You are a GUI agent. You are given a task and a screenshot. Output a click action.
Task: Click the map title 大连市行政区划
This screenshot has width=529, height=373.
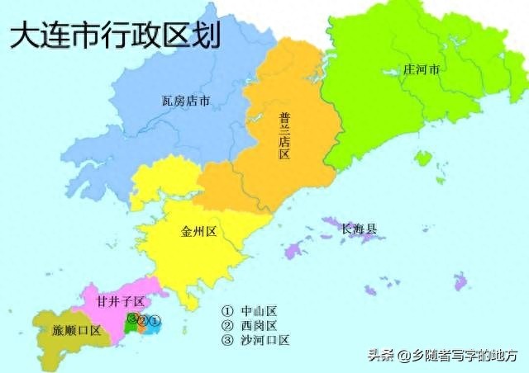[x=115, y=36]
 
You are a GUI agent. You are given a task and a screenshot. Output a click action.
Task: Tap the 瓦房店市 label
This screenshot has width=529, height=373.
[x=185, y=102]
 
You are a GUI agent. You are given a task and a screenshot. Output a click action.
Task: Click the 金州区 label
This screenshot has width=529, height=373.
[x=198, y=232]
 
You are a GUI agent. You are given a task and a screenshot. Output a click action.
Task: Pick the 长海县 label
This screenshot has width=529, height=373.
[x=359, y=228]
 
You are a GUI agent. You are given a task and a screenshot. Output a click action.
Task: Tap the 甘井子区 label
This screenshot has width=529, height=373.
[x=120, y=301]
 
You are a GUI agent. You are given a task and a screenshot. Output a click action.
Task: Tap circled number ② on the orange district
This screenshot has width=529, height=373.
[x=143, y=320]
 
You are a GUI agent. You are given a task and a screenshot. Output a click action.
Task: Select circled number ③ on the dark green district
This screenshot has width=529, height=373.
[x=132, y=319]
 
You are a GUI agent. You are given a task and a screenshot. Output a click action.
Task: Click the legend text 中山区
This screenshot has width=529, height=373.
[x=258, y=311]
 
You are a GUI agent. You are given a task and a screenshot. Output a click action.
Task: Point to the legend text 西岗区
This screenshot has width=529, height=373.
[x=258, y=325]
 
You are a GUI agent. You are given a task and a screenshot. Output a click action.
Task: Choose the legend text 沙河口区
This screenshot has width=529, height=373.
[x=264, y=339]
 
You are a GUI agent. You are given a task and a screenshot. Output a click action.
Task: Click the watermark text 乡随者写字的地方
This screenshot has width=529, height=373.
[x=464, y=356]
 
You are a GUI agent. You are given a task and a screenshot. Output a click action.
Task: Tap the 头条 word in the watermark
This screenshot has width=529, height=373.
[x=380, y=356]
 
